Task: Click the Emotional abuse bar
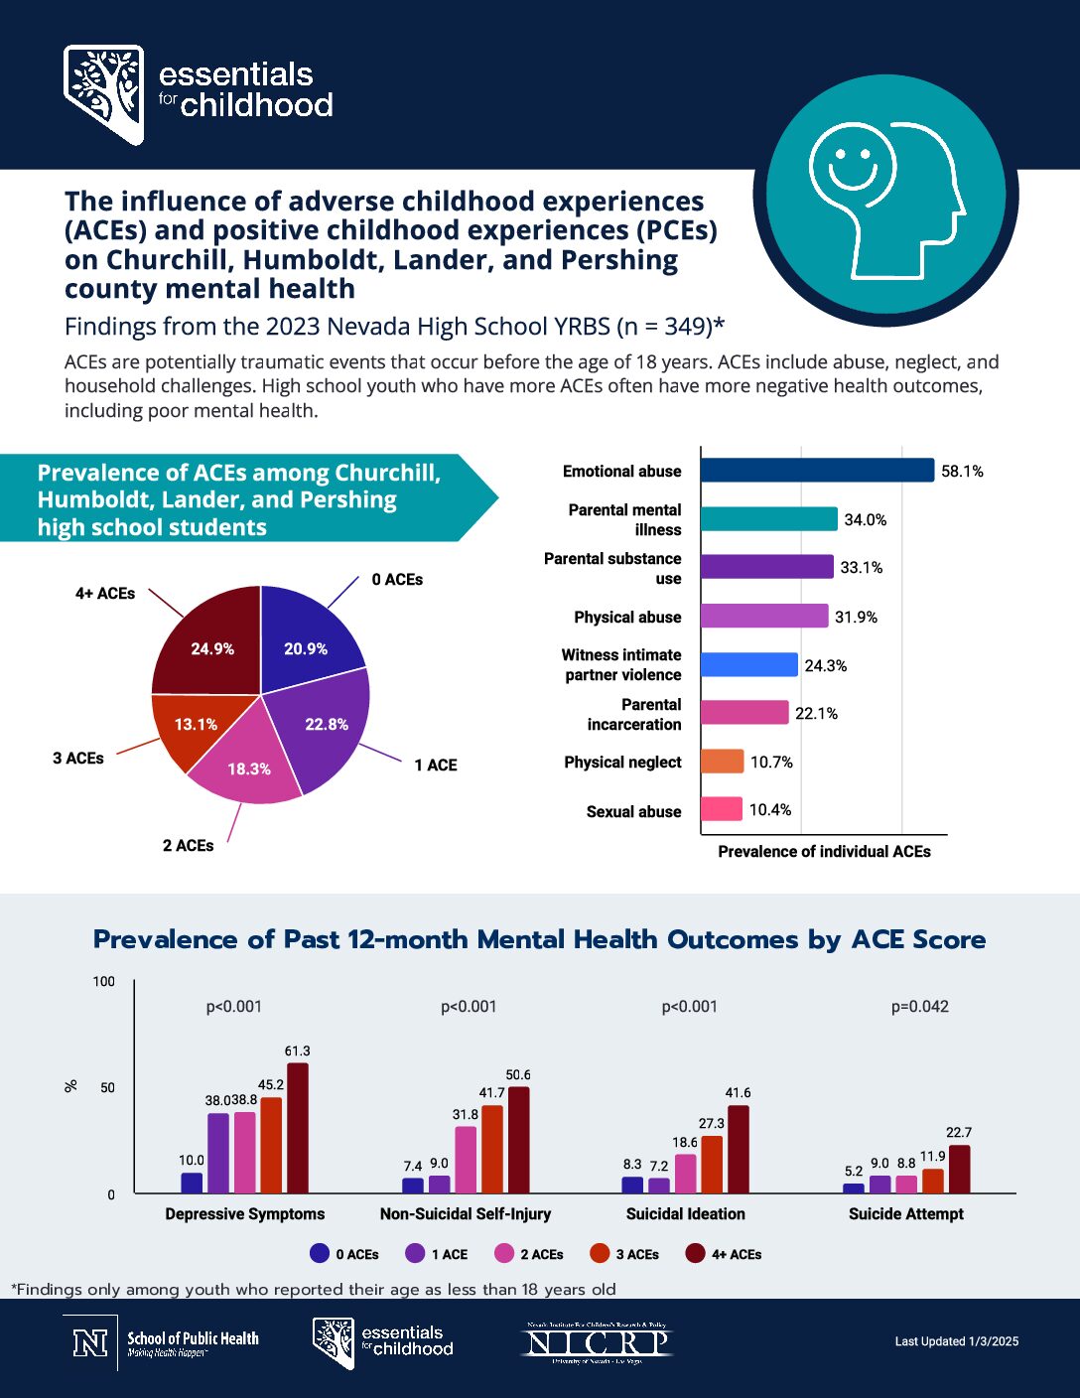[x=817, y=471]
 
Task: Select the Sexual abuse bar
[x=722, y=809]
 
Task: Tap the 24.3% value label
[x=826, y=665]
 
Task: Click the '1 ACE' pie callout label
[x=436, y=765]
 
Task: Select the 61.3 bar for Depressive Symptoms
[x=298, y=1128]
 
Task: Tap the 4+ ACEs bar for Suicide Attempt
[x=959, y=1169]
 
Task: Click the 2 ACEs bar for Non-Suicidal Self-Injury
[x=466, y=1159]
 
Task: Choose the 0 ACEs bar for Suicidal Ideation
[x=632, y=1185]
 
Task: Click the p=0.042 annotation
[x=919, y=1007]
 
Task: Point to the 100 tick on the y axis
[x=104, y=982]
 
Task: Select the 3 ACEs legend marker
[x=600, y=1253]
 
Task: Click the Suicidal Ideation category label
[x=685, y=1213]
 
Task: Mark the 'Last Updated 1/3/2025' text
[x=956, y=1341]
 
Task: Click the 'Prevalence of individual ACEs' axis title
[x=824, y=852]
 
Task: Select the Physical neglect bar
[x=722, y=762]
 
